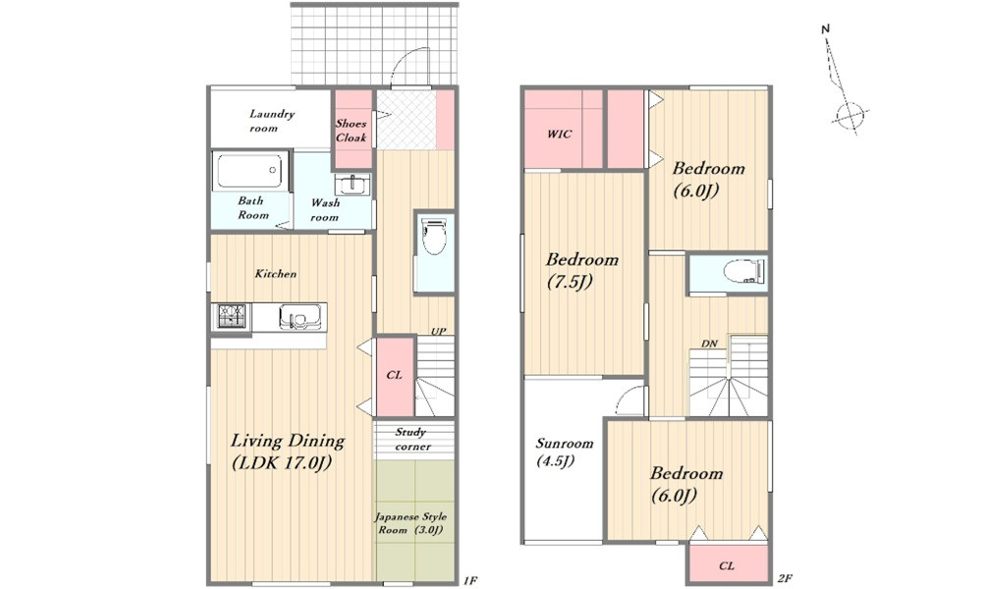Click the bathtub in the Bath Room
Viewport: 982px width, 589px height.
pyautogui.click(x=250, y=170)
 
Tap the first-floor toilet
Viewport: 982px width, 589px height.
pyautogui.click(x=434, y=236)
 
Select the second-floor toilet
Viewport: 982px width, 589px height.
pyautogui.click(x=743, y=272)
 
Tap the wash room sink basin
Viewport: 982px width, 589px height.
pyautogui.click(x=353, y=185)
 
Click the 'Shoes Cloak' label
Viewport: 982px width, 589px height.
pyautogui.click(x=351, y=131)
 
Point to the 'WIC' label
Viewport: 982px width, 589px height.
pyautogui.click(x=559, y=134)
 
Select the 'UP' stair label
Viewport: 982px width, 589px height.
pyautogui.click(x=438, y=331)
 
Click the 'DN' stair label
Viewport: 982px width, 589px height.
pyautogui.click(x=709, y=344)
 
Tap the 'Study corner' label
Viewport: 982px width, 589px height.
pyautogui.click(x=412, y=439)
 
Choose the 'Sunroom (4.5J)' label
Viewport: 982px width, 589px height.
pyautogui.click(x=564, y=452)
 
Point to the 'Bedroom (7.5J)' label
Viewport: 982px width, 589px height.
pyautogui.click(x=581, y=270)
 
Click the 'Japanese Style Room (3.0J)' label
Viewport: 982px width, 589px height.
pyautogui.click(x=410, y=523)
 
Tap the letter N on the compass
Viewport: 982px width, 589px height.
pyautogui.click(x=826, y=28)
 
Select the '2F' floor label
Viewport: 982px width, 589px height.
pyautogui.click(x=784, y=579)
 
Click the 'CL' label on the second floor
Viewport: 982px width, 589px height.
pyautogui.click(x=726, y=565)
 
